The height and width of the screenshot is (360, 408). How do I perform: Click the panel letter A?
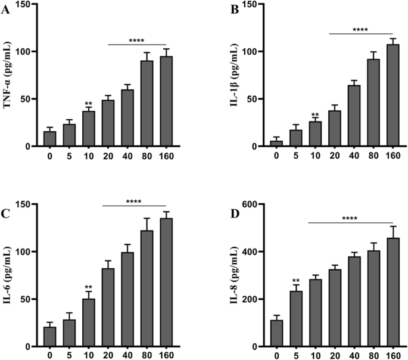[7, 8]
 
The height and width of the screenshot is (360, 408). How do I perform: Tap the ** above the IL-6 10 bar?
[88, 287]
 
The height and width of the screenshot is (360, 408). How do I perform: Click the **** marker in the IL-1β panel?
[360, 29]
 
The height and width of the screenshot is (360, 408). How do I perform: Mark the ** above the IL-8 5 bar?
[296, 280]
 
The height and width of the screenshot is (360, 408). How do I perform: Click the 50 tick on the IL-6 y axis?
[29, 299]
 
